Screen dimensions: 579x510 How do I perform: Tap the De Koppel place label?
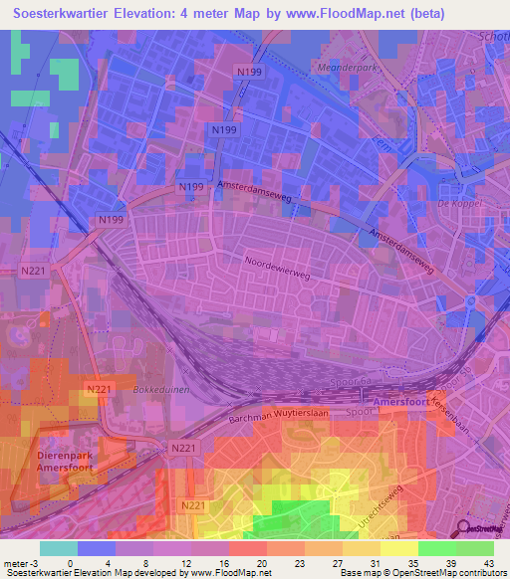(459, 202)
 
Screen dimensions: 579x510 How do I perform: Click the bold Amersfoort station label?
(404, 401)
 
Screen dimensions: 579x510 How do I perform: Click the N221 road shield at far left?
(34, 270)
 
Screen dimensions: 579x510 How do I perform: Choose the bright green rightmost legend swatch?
(475, 548)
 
